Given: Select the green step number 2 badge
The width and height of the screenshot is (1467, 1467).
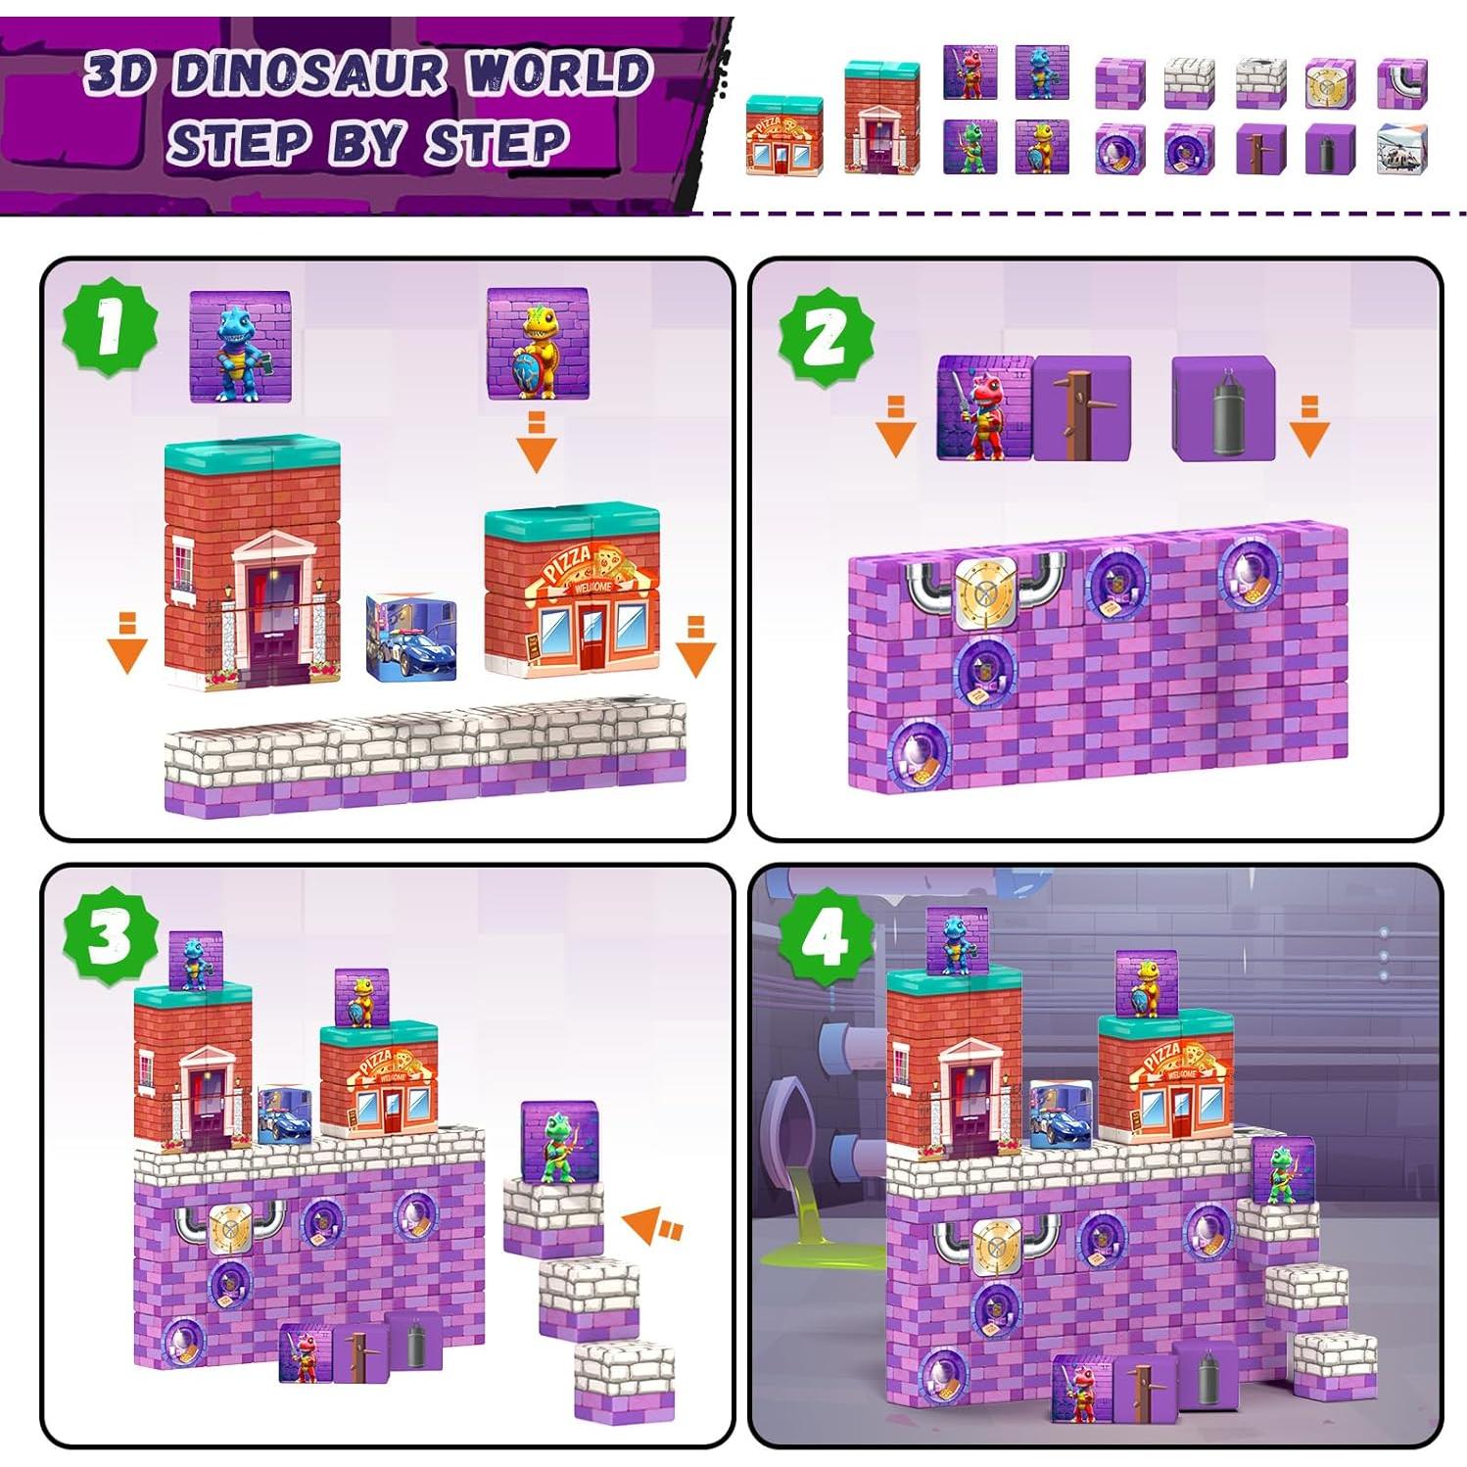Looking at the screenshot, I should point(826,338).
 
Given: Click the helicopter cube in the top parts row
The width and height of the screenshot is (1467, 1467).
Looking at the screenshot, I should point(1401,150).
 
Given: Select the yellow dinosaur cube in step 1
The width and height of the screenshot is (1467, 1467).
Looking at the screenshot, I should point(537,344).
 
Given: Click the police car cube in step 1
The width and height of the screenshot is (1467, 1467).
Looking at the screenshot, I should point(411,637).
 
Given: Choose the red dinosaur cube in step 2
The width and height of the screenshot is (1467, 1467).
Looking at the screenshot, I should point(983,407).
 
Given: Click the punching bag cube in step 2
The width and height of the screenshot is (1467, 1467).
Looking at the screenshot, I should point(1223,407).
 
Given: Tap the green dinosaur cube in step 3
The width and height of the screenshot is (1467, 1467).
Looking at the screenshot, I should point(559,1142).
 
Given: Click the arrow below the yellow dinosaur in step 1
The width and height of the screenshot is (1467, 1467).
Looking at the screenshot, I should point(536,442).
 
